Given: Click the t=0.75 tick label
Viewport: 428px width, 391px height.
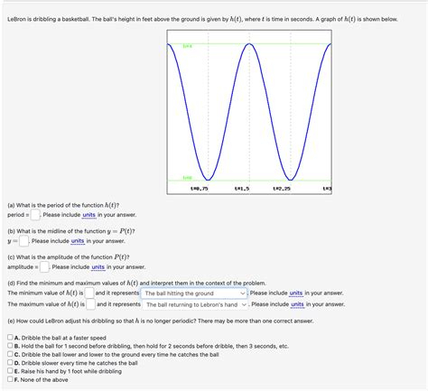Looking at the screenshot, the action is pos(200,189).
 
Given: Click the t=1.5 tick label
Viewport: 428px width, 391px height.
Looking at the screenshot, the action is pos(242,189).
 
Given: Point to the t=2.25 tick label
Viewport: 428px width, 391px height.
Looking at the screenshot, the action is pos(284,189).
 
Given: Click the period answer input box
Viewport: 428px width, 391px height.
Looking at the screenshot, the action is pos(34,215).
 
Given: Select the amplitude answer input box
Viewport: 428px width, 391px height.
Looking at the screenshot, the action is pos(44,267).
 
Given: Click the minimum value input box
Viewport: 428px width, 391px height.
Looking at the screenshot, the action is pos(90,293).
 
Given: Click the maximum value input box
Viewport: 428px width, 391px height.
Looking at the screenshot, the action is pos(90,305).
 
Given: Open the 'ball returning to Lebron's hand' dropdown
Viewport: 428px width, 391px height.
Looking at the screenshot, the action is pos(197,305).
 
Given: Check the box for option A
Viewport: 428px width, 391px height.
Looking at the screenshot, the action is pos(10,338).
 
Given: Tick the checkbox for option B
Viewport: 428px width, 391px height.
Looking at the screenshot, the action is pos(10,346).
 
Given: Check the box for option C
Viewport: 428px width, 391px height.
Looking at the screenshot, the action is pos(10,355).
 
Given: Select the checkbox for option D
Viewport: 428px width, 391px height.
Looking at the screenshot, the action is pos(10,363).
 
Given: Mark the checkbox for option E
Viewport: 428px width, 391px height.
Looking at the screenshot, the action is pos(10,371).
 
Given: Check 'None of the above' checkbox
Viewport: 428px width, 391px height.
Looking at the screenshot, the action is pos(10,379).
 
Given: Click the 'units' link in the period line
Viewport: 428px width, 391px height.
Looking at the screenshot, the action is pos(88,215).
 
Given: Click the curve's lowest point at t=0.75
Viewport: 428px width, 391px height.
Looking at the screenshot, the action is pos(208,179).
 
